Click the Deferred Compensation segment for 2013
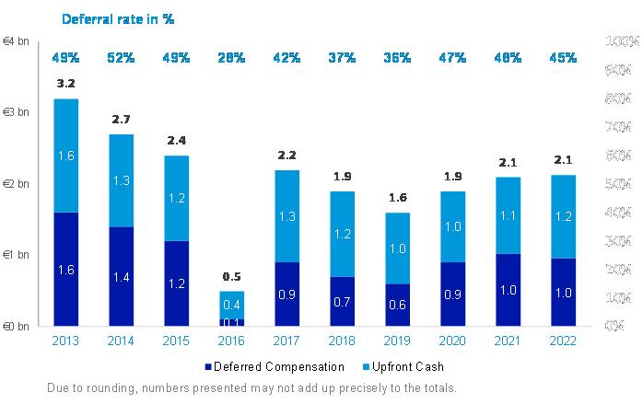tap(65, 269)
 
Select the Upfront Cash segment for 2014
tap(121, 180)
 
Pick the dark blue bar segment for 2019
tap(397, 305)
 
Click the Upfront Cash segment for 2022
tap(564, 216)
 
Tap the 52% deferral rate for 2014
tap(121, 58)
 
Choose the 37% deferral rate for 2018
tap(342, 58)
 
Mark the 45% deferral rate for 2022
tap(564, 58)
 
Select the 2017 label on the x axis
tap(286, 341)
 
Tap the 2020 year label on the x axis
tap(452, 341)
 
